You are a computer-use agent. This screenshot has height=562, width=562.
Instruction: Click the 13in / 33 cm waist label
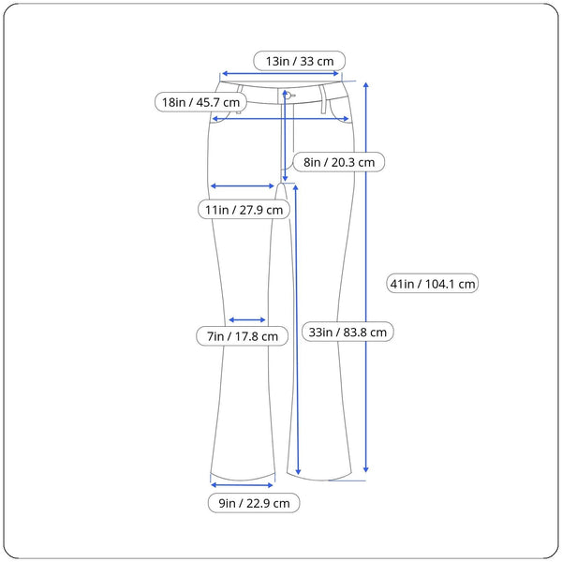pyautogui.click(x=300, y=61)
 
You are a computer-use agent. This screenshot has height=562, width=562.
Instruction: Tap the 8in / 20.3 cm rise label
pyautogui.click(x=338, y=162)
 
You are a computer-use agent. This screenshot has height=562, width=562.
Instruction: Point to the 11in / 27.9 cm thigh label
pyautogui.click(x=244, y=210)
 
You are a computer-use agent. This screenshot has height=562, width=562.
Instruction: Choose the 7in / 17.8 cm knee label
pyautogui.click(x=242, y=335)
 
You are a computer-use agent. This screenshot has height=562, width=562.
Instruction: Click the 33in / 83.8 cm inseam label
pyautogui.click(x=347, y=332)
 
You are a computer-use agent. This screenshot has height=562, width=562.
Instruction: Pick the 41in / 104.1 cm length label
pyautogui.click(x=433, y=283)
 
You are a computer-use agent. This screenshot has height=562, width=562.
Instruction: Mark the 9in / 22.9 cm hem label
pyautogui.click(x=254, y=504)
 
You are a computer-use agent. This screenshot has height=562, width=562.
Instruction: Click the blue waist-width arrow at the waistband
pyautogui.click(x=281, y=73)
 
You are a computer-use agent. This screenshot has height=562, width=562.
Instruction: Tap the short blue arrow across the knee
pyautogui.click(x=248, y=319)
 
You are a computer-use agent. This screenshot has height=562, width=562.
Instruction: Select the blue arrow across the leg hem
pyautogui.click(x=243, y=484)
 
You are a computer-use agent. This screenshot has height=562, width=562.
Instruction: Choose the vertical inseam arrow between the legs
pyautogui.click(x=297, y=328)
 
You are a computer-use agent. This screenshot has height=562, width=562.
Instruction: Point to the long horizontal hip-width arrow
pyautogui.click(x=281, y=118)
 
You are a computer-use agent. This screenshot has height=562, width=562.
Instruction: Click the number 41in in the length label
pyautogui.click(x=404, y=283)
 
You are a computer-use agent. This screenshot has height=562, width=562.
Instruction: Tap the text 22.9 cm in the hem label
pyautogui.click(x=268, y=504)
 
